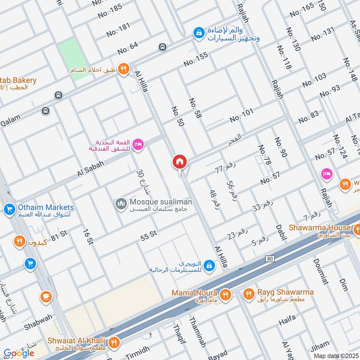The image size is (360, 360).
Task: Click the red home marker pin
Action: pyautogui.click(x=180, y=161)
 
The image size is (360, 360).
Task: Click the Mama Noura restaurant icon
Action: pyautogui.click(x=226, y=295)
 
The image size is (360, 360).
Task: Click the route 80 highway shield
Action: pyautogui.click(x=270, y=259)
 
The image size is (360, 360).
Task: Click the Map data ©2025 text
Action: pyautogui.click(x=336, y=355)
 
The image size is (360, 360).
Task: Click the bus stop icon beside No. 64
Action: pyautogui.click(x=162, y=47)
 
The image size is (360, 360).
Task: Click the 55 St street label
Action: pyautogui.click(x=148, y=234)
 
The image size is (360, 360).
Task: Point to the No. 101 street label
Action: pyautogui.click(x=242, y=116)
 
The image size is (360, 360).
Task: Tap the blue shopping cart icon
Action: pyautogui.click(x=30, y=263)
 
